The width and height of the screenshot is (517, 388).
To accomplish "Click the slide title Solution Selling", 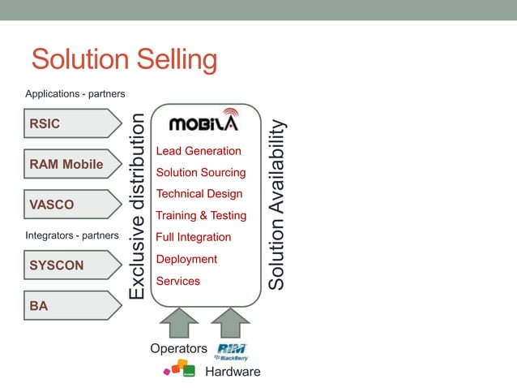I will click(124, 60).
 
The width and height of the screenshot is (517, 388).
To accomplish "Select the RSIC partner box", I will click(71, 124).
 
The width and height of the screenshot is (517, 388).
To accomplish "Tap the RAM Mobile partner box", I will click(71, 165).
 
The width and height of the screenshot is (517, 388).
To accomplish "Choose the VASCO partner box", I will click(71, 205).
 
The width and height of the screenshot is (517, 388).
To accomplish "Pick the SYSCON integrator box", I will click(71, 265).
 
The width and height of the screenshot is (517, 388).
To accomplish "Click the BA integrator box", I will click(71, 305).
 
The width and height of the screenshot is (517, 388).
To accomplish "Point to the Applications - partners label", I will click(75, 94).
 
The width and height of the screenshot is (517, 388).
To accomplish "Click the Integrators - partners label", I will click(73, 235).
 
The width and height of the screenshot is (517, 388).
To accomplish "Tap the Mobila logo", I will click(203, 122).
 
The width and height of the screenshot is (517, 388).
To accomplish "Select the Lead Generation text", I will click(199, 151).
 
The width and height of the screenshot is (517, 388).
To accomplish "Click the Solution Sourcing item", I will click(200, 173).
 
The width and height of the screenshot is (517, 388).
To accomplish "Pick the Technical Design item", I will click(199, 194).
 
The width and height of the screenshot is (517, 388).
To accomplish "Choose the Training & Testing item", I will click(201, 216).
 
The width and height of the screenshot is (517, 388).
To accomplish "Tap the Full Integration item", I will click(194, 237).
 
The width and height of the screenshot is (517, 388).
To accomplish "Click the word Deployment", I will click(186, 259).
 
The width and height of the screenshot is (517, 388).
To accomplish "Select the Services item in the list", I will click(177, 281).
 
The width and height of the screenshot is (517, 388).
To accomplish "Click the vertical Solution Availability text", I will click(277, 205).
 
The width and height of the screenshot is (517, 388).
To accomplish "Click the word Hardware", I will click(233, 372).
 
